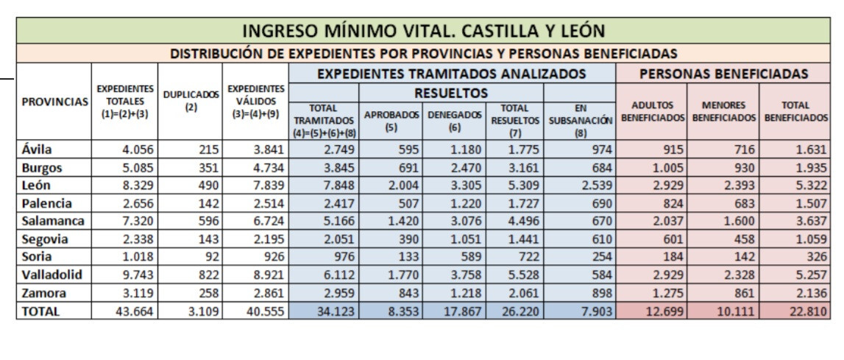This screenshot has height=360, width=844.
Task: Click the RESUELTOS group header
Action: pyautogui.click(x=451, y=93)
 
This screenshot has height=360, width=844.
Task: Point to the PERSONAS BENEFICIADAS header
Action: pyautogui.click(x=724, y=74)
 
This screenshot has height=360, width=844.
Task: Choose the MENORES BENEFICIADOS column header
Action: pyautogui.click(x=724, y=111)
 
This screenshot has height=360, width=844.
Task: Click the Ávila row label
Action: pyautogui.click(x=37, y=149)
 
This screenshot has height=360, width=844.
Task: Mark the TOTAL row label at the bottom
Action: pyautogui.click(x=40, y=311)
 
